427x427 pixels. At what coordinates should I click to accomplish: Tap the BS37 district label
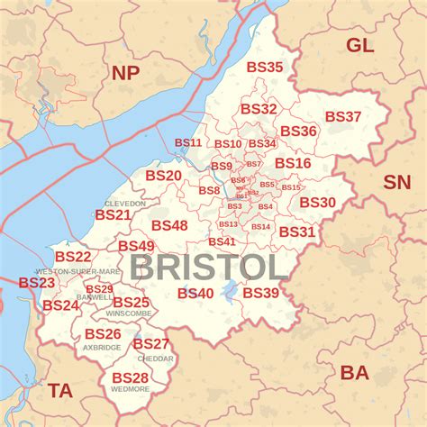click(x=342, y=117)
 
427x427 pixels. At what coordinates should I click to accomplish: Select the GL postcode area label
click(x=359, y=46)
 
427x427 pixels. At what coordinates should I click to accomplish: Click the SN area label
click(x=396, y=182)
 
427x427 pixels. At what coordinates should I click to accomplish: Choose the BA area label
click(x=355, y=371)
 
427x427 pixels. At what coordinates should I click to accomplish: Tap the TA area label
click(x=60, y=390)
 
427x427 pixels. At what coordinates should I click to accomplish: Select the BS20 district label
click(x=163, y=176)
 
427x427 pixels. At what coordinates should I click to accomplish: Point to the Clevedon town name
click(x=124, y=204)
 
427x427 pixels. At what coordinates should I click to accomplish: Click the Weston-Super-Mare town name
click(x=77, y=271)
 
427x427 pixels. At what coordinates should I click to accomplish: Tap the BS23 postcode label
click(x=37, y=283)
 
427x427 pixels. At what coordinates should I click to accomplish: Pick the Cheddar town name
click(x=155, y=358)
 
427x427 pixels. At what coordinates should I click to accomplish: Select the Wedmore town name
click(x=130, y=389)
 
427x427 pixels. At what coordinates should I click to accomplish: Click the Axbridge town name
click(x=102, y=347)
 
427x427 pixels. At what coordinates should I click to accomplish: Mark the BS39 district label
click(x=260, y=293)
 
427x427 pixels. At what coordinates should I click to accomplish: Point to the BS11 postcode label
click(x=188, y=142)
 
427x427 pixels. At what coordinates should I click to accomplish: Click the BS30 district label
click(x=317, y=203)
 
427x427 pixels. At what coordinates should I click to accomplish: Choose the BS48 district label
click(x=169, y=225)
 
